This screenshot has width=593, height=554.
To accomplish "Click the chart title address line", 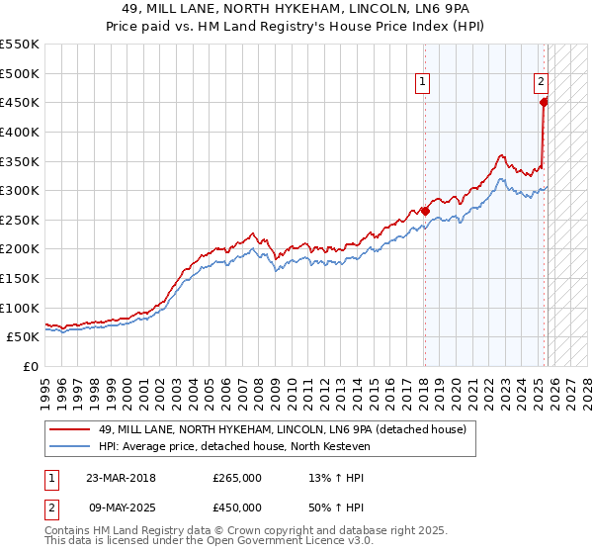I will (297, 9).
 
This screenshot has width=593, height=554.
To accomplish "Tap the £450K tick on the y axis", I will (20, 103).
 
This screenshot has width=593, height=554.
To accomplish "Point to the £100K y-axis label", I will (20, 309).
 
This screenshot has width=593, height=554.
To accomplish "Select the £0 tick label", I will (31, 367).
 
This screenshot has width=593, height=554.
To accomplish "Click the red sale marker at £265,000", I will (425, 211).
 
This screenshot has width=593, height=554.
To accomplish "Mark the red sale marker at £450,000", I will (544, 102).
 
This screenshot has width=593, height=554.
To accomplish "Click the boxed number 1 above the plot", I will (423, 83).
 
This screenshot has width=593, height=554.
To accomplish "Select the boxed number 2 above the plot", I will (542, 83).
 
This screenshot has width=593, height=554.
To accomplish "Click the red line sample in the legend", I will (70, 428).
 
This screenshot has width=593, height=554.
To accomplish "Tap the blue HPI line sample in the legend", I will (70, 446).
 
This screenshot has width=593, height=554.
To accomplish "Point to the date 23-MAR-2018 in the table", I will (120, 478).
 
